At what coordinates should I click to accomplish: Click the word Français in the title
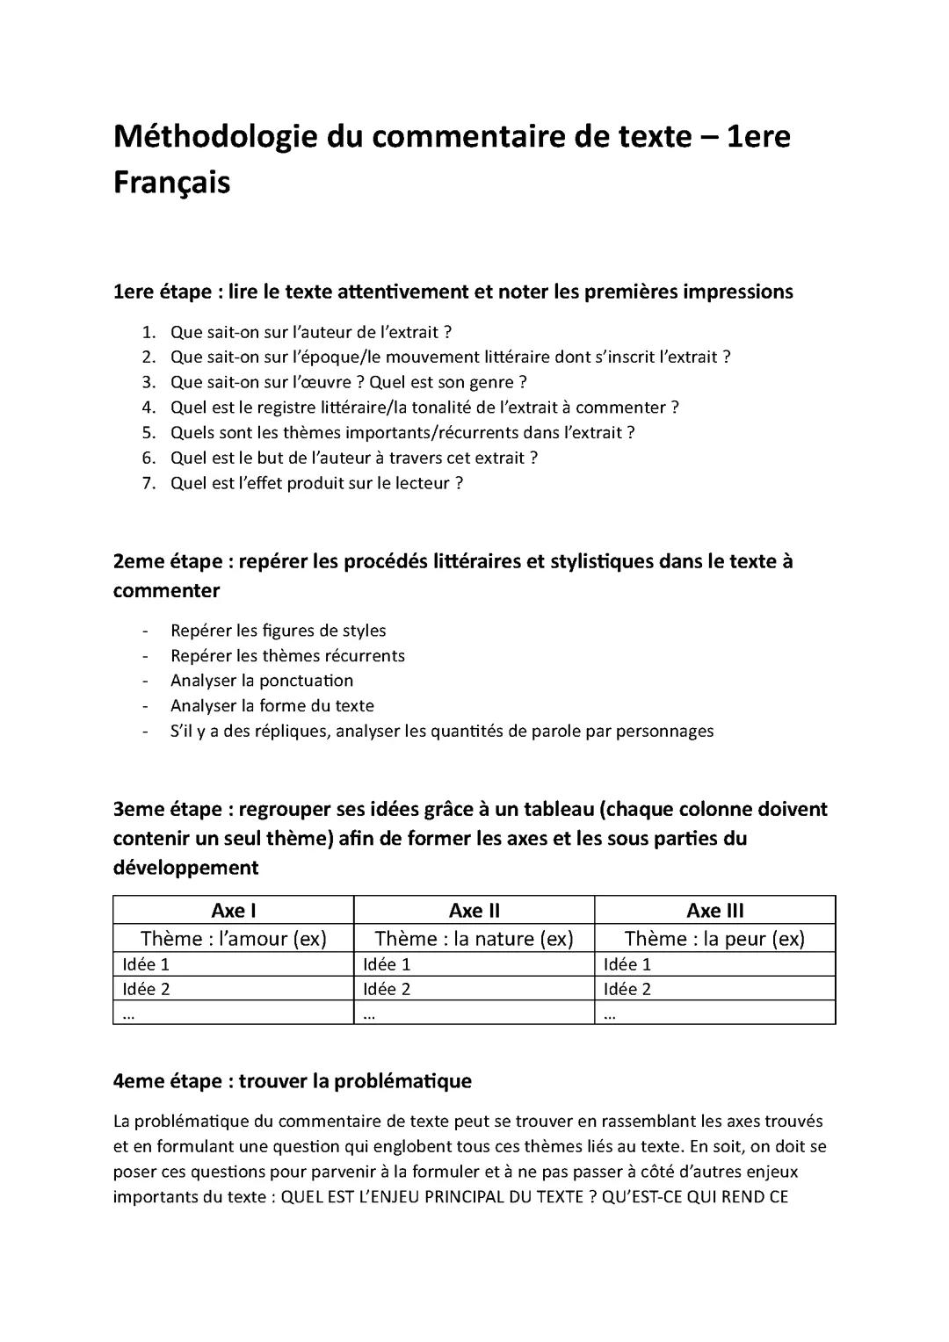point(171,183)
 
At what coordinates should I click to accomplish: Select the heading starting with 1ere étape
point(453,292)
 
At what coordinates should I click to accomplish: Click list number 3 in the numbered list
point(149,382)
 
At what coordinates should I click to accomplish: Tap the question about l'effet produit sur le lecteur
point(316,483)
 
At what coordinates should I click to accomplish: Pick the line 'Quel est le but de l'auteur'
point(353,458)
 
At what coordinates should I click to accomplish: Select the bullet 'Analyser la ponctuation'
point(261,681)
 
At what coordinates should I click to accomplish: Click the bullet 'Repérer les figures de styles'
point(278,631)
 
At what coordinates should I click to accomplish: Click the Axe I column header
point(233,911)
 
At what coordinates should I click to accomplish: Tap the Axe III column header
point(714,911)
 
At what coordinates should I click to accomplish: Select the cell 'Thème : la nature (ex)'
point(474,939)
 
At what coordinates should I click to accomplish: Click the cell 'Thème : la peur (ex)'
point(714,939)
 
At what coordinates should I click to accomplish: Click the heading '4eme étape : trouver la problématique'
point(292,1081)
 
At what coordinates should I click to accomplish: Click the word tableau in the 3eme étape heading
point(544,809)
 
